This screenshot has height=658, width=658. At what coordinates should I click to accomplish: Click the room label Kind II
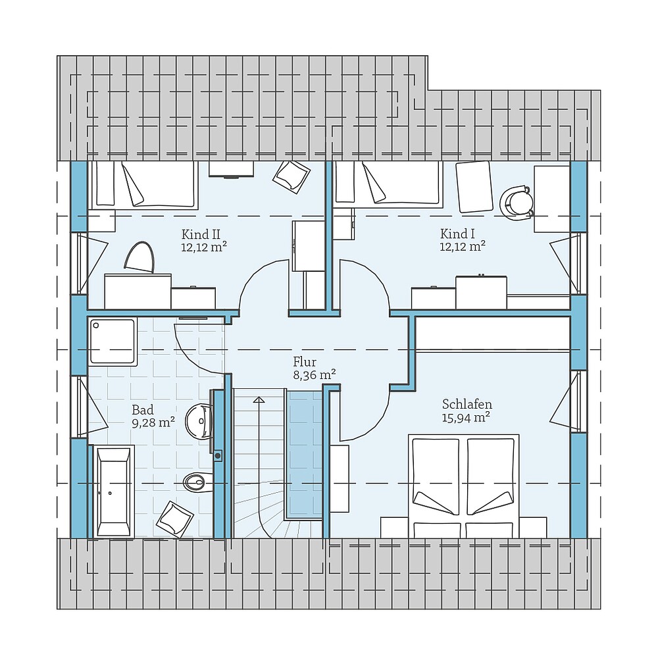[x=200, y=234]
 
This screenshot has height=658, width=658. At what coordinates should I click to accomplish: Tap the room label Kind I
[x=457, y=234]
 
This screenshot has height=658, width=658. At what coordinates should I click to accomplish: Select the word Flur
[x=305, y=362]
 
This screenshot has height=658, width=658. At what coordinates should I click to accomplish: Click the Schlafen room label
[x=467, y=404]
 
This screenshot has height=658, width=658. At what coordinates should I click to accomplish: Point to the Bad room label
[x=142, y=410]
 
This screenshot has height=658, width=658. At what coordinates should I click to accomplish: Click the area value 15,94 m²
[x=467, y=417]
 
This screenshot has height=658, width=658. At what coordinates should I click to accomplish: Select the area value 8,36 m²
[x=315, y=374]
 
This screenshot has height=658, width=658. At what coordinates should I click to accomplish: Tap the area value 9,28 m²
[x=153, y=422]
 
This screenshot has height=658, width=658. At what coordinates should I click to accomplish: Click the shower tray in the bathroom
[x=113, y=341]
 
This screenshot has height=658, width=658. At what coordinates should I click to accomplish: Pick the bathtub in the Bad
[x=114, y=491]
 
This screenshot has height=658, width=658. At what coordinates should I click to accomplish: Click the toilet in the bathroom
[x=197, y=482]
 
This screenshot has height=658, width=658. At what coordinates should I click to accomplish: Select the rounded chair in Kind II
[x=139, y=257]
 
